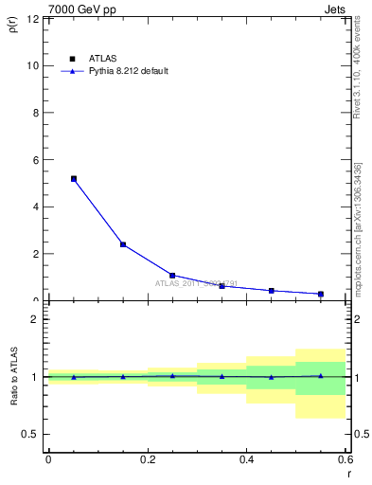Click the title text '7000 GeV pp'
coord(76,9)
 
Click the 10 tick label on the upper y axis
coord(34,65)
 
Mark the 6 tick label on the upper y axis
coord(37,160)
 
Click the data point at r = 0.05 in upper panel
coord(73,178)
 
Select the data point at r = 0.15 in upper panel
coord(123,244)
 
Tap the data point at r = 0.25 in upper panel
coord(172,276)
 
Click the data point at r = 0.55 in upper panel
coord(321,294)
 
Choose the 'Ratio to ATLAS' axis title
coord(12,376)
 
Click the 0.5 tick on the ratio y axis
coord(31,434)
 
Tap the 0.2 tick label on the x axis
coord(148,459)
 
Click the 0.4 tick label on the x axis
coord(246,459)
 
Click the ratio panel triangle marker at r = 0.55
coord(321,376)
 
